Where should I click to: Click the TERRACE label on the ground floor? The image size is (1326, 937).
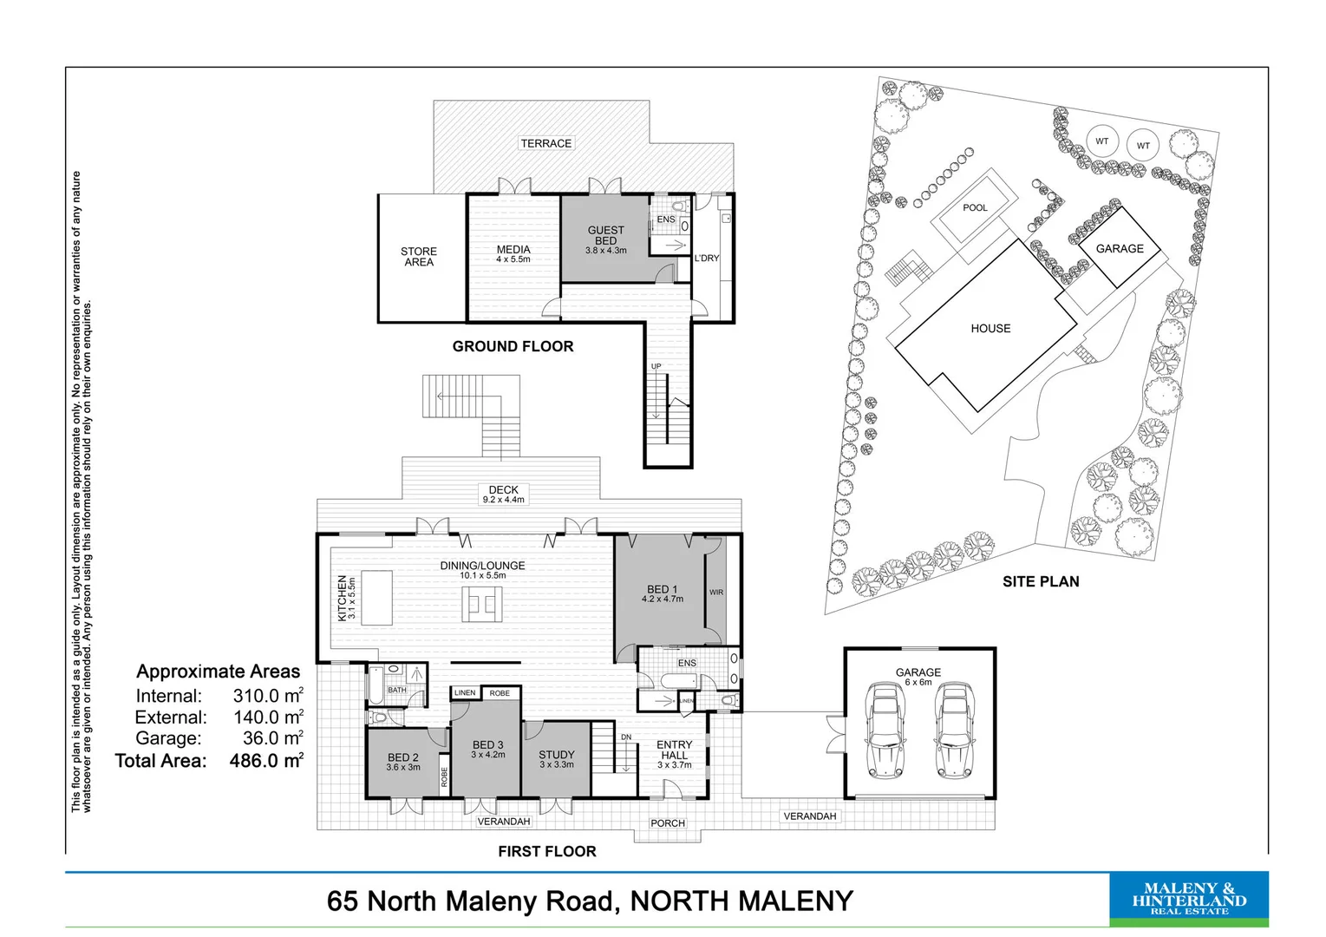545,143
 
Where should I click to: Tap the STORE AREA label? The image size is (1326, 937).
419,257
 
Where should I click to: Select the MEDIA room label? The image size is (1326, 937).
513,253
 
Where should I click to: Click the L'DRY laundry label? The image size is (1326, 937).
707,259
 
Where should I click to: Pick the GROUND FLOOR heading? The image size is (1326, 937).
513,347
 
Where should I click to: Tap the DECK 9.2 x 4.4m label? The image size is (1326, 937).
503,495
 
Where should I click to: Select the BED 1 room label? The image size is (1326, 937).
663,593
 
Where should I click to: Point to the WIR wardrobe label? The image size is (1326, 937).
716,593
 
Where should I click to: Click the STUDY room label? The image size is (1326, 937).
557,759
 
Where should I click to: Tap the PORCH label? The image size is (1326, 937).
668,823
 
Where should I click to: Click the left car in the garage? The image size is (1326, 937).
885,731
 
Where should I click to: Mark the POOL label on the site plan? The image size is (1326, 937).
975,208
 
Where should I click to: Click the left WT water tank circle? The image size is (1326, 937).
1101,141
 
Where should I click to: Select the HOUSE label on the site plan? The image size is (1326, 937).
990,329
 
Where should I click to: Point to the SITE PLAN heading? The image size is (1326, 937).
1041,582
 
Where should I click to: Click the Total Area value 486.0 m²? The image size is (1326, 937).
266,761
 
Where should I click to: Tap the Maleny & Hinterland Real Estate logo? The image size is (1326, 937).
1188,899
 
